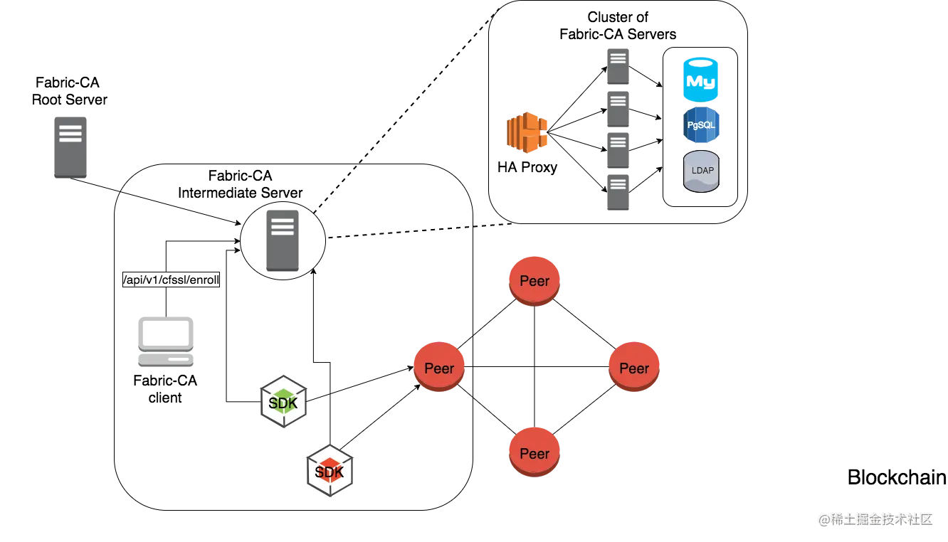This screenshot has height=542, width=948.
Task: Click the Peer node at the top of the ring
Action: click(534, 281)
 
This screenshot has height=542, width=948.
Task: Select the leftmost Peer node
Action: click(439, 367)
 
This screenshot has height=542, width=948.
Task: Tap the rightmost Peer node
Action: click(634, 367)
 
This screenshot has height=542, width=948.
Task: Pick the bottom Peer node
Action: click(534, 452)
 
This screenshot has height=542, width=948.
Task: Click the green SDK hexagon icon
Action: click(283, 403)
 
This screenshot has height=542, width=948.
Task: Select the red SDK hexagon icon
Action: click(330, 472)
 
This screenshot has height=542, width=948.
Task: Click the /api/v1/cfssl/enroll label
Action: click(172, 281)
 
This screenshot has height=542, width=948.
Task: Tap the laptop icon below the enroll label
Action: click(165, 340)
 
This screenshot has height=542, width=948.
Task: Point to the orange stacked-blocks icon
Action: click(528, 132)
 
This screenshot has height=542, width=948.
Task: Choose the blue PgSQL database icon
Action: click(701, 124)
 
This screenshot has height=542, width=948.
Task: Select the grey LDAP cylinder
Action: click(702, 171)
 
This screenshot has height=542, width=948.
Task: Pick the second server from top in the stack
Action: click(618, 107)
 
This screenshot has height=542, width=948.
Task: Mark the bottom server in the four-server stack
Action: click(618, 189)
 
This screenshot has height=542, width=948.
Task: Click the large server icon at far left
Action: click(71, 147)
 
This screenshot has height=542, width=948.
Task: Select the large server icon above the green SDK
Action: click(282, 239)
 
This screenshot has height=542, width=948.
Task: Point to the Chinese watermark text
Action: click(875, 519)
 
